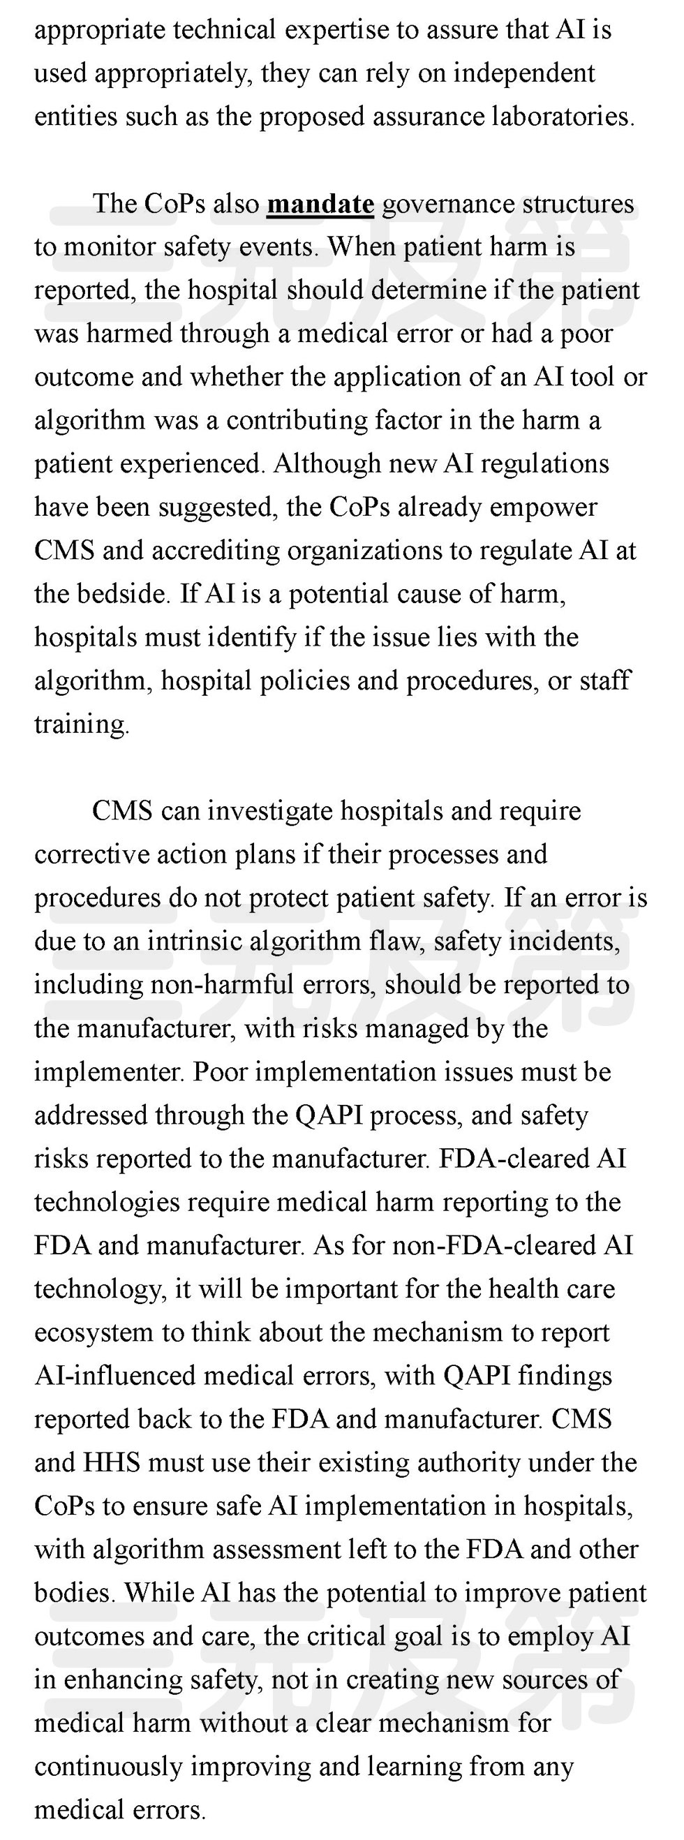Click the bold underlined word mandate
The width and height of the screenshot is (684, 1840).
point(320,205)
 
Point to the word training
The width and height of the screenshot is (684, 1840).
point(82,725)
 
